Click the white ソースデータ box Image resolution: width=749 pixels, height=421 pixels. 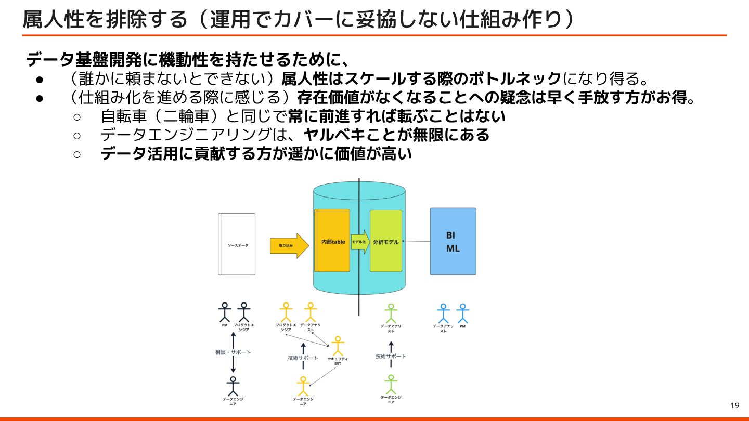pyautogui.click(x=237, y=244)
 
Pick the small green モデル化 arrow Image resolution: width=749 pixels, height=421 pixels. pyautogui.click(x=360, y=242)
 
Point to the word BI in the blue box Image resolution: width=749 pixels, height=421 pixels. pyautogui.click(x=450, y=235)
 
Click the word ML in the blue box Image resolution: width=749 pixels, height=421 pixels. pyautogui.click(x=453, y=248)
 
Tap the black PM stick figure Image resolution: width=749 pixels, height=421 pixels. pyautogui.click(x=225, y=312)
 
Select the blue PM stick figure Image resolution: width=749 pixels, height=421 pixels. pyautogui.click(x=462, y=313)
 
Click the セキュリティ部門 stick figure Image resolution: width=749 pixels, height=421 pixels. pyautogui.click(x=338, y=345)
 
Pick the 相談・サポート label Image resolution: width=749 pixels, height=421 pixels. pyautogui.click(x=233, y=352)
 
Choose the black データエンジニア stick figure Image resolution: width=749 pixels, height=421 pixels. pyautogui.click(x=233, y=386)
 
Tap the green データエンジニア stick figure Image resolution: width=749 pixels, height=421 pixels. pyautogui.click(x=391, y=384)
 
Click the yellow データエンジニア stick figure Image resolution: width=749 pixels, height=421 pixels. pyautogui.click(x=303, y=386)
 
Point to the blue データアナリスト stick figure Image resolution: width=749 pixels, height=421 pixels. pyautogui.click(x=443, y=313)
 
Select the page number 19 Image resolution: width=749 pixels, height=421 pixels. pyautogui.click(x=735, y=405)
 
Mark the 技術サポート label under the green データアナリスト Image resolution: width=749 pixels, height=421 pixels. pyautogui.click(x=391, y=357)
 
